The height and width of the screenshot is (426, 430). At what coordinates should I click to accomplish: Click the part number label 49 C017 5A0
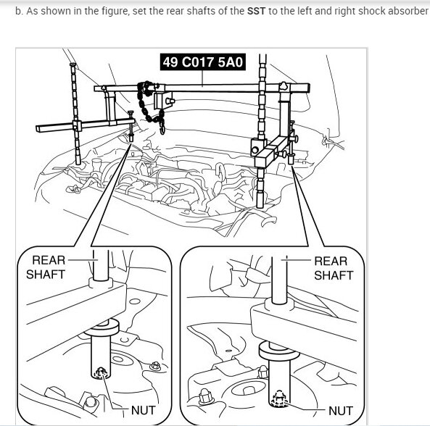pos(202,62)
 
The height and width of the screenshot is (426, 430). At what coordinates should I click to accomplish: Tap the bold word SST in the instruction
pos(256,12)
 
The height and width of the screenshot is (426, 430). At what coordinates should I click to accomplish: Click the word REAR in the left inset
pos(49,260)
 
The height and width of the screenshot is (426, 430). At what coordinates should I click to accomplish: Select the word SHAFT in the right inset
pos(334,275)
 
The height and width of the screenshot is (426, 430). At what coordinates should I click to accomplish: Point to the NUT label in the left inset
pos(143,410)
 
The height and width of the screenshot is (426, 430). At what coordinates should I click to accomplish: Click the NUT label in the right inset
pos(341,411)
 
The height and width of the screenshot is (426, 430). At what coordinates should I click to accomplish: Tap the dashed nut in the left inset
pos(101,372)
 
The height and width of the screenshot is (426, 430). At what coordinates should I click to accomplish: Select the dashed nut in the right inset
pos(279,398)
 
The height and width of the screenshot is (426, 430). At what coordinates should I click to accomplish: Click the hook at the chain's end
pos(162,129)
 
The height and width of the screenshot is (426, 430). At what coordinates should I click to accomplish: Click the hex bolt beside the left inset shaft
pos(155,366)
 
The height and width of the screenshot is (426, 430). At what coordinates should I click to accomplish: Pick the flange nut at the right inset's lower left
pos(205,396)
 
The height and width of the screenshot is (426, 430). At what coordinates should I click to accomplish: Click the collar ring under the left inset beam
pos(102,327)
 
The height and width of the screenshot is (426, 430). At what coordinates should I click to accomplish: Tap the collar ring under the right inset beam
pos(278,351)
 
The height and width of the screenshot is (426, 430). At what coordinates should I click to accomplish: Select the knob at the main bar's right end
pos(284,86)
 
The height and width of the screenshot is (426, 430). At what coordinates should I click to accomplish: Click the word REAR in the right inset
pos(331,261)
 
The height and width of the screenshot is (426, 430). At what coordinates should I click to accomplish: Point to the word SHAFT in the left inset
pos(46,275)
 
